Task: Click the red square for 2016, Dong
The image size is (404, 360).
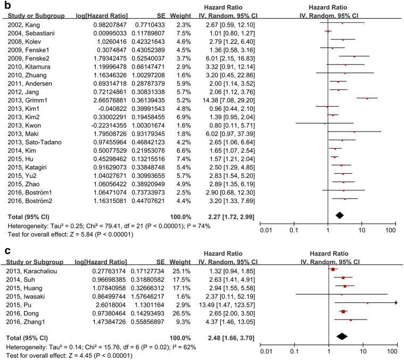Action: pyautogui.click(x=343, y=312)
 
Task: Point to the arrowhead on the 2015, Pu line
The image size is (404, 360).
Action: pyautogui.click(x=395, y=303)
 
